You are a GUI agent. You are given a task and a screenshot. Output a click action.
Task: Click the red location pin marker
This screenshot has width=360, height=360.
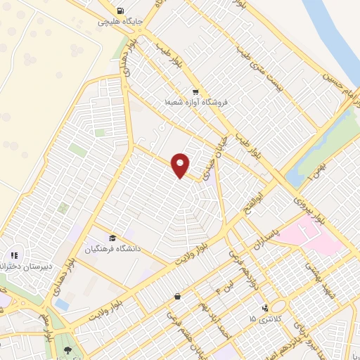click(181, 165)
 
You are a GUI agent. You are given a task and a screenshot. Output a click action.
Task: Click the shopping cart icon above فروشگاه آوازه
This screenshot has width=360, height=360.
click(195, 92)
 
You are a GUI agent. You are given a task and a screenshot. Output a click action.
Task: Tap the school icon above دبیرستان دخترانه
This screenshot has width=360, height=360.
click(13, 256)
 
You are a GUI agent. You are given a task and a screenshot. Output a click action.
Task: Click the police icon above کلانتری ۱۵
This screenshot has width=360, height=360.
click(265, 308)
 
